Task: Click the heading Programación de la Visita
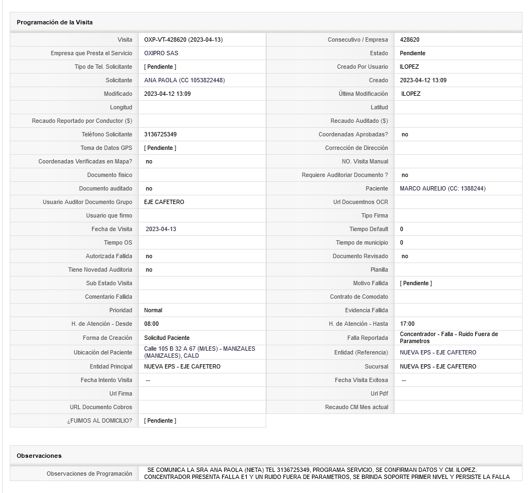coord(54,22)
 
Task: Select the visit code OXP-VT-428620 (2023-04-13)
coord(183,40)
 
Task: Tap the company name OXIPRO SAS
coord(161,53)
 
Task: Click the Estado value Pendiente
coord(412,53)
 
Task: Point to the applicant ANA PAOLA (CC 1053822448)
coord(184,80)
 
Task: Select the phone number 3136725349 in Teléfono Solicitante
coord(160,134)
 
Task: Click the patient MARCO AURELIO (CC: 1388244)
coord(442,188)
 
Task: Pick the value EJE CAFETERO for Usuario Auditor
coord(164,202)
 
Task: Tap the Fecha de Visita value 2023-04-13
coord(161,229)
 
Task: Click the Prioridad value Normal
coord(153,310)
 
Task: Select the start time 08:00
coord(151,324)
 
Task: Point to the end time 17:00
coord(407,324)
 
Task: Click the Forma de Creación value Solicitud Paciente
coord(167,338)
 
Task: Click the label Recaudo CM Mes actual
coord(356,407)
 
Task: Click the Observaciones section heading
coord(39,456)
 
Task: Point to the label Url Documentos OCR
coord(360,202)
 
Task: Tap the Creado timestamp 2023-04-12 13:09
coord(423,80)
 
